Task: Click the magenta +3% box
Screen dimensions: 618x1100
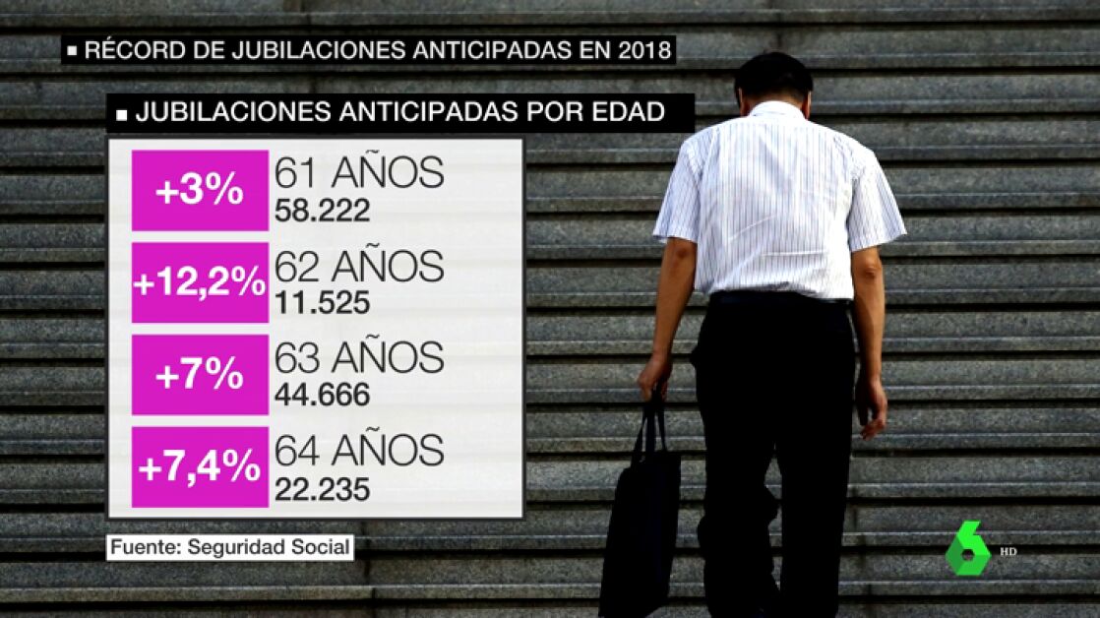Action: click(x=200, y=190)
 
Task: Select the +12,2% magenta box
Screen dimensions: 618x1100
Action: click(x=200, y=282)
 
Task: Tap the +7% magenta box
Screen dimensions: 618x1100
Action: click(x=200, y=375)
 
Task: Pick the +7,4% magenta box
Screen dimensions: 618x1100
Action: click(x=200, y=467)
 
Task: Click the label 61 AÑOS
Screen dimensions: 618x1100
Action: click(x=359, y=173)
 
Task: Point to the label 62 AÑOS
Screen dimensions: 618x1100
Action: click(x=359, y=267)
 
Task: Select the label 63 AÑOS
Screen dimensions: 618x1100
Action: click(x=359, y=358)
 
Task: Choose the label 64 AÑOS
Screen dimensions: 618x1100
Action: click(x=359, y=451)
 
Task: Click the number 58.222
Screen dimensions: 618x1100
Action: click(x=323, y=210)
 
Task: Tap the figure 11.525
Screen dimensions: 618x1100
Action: click(x=323, y=302)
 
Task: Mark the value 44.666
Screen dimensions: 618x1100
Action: click(x=323, y=395)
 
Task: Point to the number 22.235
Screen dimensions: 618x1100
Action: click(x=323, y=488)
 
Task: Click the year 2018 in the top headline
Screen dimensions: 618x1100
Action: click(x=640, y=49)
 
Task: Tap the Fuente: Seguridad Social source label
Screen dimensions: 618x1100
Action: click(x=230, y=547)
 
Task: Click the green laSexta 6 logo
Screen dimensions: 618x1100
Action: click(x=967, y=549)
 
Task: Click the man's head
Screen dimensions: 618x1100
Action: click(x=773, y=79)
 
